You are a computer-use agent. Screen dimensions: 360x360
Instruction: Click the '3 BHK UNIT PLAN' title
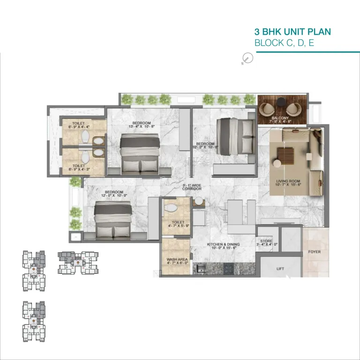(x=292, y=32)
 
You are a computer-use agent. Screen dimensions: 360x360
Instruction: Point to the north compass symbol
(x=248, y=59)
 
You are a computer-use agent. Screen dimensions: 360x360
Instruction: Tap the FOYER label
(x=314, y=252)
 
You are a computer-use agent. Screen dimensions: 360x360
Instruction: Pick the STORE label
(x=266, y=242)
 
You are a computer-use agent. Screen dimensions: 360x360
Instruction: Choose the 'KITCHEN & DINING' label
(x=224, y=244)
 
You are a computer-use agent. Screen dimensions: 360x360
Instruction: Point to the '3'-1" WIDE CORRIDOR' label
(x=192, y=186)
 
